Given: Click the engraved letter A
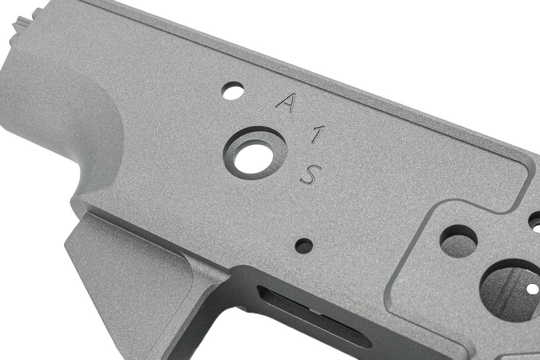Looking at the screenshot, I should (286, 103).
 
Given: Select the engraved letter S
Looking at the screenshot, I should (310, 174).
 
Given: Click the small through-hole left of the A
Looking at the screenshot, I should (232, 90).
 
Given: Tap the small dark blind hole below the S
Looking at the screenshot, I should (304, 246).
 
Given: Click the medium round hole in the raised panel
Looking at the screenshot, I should (458, 241).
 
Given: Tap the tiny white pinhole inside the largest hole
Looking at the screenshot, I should (532, 289).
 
